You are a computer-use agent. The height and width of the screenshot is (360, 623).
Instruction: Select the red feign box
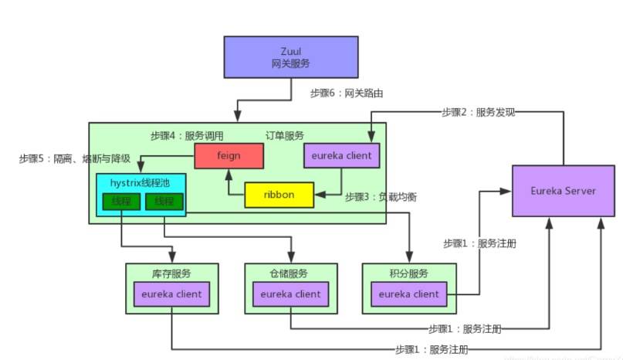[x=229, y=155]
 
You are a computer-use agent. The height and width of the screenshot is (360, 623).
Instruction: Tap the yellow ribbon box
[x=279, y=195]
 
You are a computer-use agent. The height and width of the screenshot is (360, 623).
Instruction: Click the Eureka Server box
[x=563, y=190]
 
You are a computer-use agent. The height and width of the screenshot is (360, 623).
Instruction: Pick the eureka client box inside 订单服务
[x=342, y=155]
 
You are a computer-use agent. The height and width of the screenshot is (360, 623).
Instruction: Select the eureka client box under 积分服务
[x=408, y=294]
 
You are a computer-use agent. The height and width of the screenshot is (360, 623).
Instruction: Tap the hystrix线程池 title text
[x=141, y=182]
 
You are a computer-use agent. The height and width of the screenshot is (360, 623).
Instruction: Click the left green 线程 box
[x=121, y=202]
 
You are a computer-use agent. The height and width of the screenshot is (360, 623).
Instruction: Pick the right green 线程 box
[x=164, y=202]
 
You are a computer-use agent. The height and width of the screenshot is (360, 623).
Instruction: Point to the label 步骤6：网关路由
[x=347, y=93]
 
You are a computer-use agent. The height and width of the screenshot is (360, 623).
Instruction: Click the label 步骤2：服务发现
[x=479, y=112]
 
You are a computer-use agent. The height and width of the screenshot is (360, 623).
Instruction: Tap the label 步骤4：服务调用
[x=187, y=135]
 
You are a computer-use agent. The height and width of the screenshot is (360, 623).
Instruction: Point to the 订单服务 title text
[x=286, y=135]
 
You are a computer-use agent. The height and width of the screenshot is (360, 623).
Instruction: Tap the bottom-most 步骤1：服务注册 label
[x=431, y=349]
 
